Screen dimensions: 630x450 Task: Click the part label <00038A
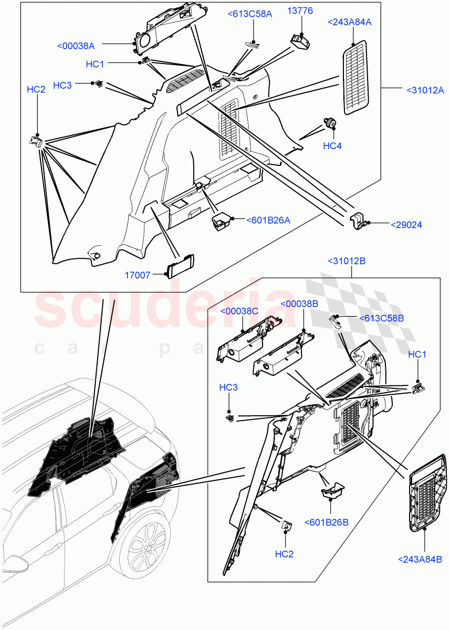tap(76, 46)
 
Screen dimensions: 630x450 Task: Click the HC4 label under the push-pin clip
tap(332, 146)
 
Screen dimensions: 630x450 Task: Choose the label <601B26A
tap(268, 220)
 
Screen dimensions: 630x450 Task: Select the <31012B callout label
tap(347, 261)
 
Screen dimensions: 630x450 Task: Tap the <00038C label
tap(239, 311)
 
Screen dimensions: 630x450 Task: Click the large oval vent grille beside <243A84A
tap(355, 78)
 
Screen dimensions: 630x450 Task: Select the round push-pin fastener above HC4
tap(331, 123)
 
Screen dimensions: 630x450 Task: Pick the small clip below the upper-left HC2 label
tap(36, 141)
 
